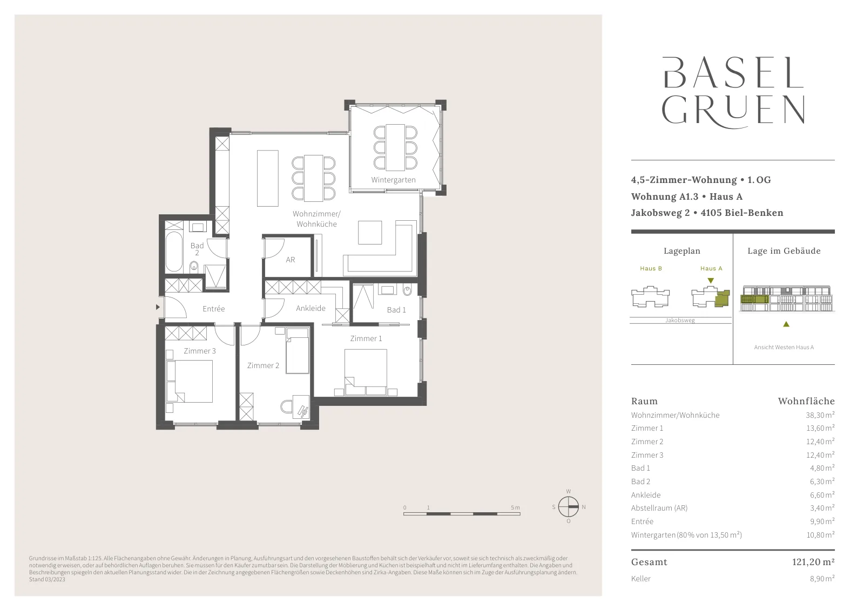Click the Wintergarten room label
(393, 180)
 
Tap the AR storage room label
(291, 260)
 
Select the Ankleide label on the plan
(310, 308)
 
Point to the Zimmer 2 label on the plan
(263, 365)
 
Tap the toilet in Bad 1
(407, 290)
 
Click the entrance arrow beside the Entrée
(157, 307)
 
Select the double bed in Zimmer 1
(366, 372)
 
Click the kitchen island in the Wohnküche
(268, 178)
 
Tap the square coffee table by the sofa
(370, 233)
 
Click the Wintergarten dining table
(395, 147)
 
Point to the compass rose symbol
(569, 506)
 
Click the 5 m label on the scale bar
(515, 508)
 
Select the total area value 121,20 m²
(813, 562)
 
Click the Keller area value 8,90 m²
(822, 579)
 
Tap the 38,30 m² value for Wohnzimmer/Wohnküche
(820, 415)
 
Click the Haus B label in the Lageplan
(651, 268)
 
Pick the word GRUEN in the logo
(733, 111)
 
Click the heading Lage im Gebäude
(784, 251)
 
